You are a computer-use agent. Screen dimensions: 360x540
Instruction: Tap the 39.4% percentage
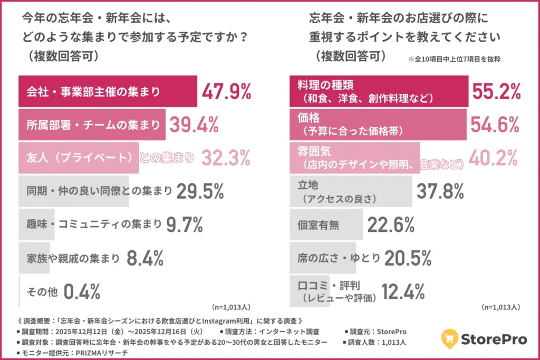pos(194,125)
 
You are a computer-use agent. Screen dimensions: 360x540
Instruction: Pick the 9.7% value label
pos(185,225)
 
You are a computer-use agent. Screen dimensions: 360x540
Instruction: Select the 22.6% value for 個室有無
pos(391,225)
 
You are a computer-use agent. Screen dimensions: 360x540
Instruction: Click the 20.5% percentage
pos(408,258)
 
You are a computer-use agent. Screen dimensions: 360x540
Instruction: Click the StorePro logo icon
pos(449,338)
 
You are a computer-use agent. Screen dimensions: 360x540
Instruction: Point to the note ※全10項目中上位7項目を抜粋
pos(454,59)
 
